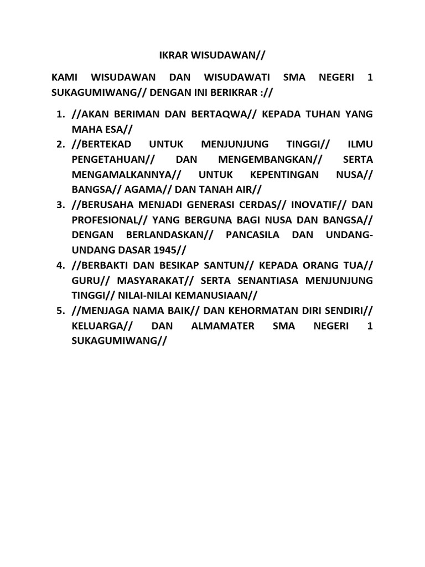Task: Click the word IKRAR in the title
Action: pyautogui.click(x=166, y=55)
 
